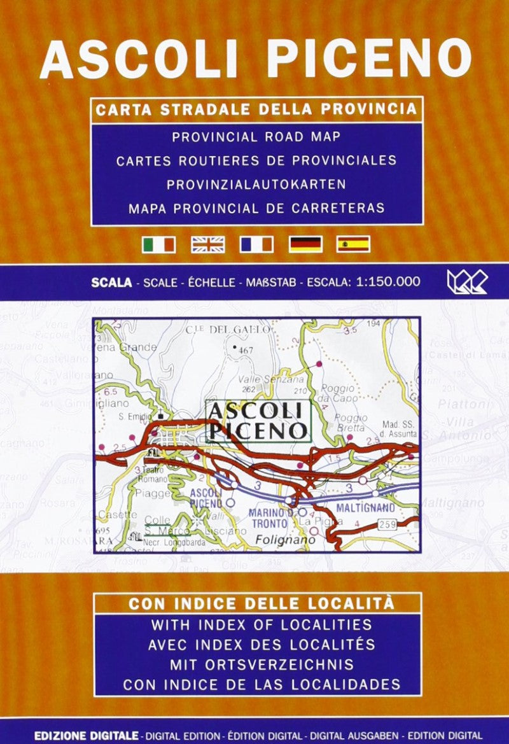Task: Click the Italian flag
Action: (x=158, y=244)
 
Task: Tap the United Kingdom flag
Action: (x=207, y=244)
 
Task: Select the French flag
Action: (x=256, y=244)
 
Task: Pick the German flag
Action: (x=305, y=244)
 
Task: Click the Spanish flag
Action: (x=354, y=244)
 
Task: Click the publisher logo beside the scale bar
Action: (x=467, y=281)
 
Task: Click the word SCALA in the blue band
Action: (x=111, y=281)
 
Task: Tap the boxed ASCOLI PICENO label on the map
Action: (x=258, y=420)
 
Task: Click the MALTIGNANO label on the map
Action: (x=366, y=508)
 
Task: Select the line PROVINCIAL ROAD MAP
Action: (x=256, y=136)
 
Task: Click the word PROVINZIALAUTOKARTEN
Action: (x=256, y=184)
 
